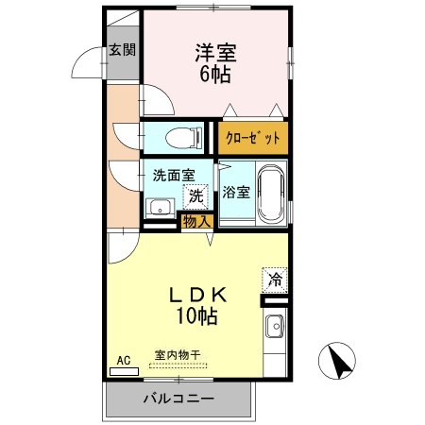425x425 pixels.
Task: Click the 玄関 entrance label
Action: tap(122, 49)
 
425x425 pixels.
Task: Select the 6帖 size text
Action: tap(216, 76)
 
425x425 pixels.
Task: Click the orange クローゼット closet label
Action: tap(253, 138)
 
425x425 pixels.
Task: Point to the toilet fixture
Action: tap(181, 138)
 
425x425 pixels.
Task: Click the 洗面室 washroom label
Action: tap(174, 175)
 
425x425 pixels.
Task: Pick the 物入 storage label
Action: tap(196, 222)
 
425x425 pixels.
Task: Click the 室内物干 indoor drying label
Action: tap(178, 355)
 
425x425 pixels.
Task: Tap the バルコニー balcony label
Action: tap(178, 398)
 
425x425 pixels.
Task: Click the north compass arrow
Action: tap(341, 360)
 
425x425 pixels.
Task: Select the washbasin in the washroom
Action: tap(159, 207)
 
